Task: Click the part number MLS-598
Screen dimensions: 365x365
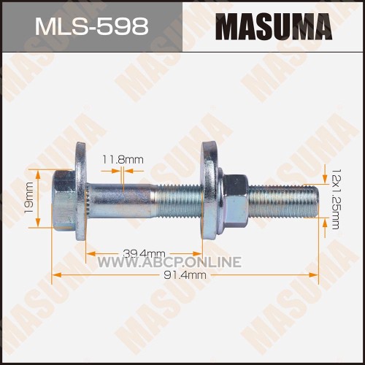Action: pos(92,26)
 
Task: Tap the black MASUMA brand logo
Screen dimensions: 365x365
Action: pos(274,26)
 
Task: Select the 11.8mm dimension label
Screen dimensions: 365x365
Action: pos(123,160)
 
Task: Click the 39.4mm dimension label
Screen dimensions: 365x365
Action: pos(144,254)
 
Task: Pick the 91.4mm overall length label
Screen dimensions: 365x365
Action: pos(185,275)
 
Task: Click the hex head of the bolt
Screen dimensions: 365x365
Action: pos(64,201)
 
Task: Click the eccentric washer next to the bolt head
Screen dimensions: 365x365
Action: pos(82,191)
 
